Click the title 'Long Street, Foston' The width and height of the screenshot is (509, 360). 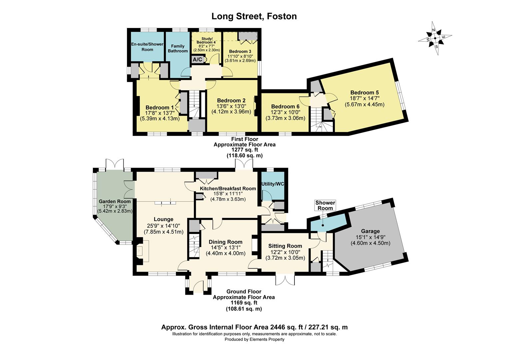pyautogui.click(x=254, y=16)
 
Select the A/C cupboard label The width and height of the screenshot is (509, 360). pyautogui.click(x=197, y=60)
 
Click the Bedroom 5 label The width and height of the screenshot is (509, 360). pyautogui.click(x=364, y=92)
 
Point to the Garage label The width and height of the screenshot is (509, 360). pyautogui.click(x=370, y=231)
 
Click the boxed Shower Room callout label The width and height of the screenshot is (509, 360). pyautogui.click(x=325, y=206)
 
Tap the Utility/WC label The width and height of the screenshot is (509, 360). pyautogui.click(x=273, y=184)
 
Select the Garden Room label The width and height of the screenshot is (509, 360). pyautogui.click(x=115, y=201)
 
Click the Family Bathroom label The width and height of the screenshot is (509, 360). pyautogui.click(x=178, y=48)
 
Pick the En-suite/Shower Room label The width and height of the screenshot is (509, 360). pyautogui.click(x=147, y=47)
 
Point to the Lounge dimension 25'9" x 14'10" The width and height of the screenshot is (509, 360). pyautogui.click(x=164, y=226)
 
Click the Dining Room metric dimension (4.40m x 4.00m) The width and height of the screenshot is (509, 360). pyautogui.click(x=226, y=253)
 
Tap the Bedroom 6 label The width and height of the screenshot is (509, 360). pyautogui.click(x=285, y=106)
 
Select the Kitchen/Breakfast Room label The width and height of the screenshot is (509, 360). pyautogui.click(x=228, y=188)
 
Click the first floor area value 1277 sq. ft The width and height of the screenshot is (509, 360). pyautogui.click(x=245, y=150)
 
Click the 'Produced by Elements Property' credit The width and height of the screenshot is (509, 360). pyautogui.click(x=254, y=339)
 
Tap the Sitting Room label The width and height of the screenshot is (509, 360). pyautogui.click(x=285, y=246)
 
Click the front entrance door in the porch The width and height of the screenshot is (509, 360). pyautogui.click(x=199, y=286)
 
